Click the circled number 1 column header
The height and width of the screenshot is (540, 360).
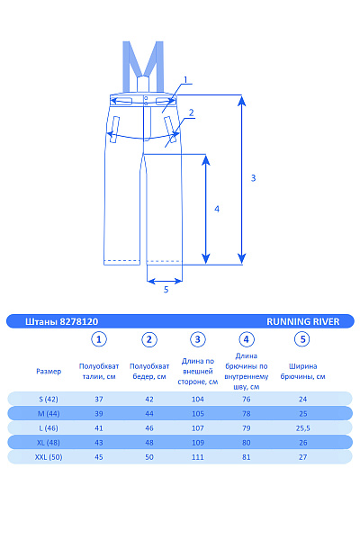(99, 339)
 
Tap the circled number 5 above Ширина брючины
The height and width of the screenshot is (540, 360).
(302, 339)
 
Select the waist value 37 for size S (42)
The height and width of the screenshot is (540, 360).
(99, 399)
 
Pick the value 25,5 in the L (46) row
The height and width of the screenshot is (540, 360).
(302, 428)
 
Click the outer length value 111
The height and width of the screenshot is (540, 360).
(198, 457)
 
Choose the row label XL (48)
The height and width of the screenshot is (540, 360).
(49, 443)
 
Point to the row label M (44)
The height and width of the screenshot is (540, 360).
(49, 414)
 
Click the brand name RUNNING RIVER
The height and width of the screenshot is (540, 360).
(302, 321)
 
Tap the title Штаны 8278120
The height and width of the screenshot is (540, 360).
(62, 321)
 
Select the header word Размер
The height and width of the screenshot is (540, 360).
(49, 371)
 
